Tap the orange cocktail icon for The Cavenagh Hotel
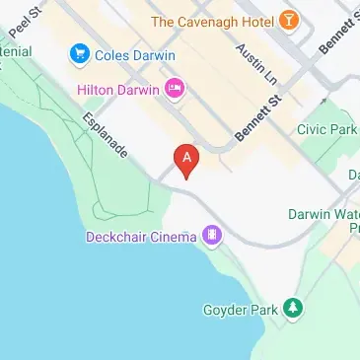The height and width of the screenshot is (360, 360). (288, 19)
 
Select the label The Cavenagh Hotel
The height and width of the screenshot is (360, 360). (212, 20)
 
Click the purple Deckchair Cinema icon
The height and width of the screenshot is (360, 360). (212, 236)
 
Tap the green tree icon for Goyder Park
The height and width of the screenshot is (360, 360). (293, 309)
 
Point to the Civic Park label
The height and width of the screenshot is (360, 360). (327, 129)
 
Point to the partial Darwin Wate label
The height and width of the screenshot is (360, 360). (324, 214)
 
